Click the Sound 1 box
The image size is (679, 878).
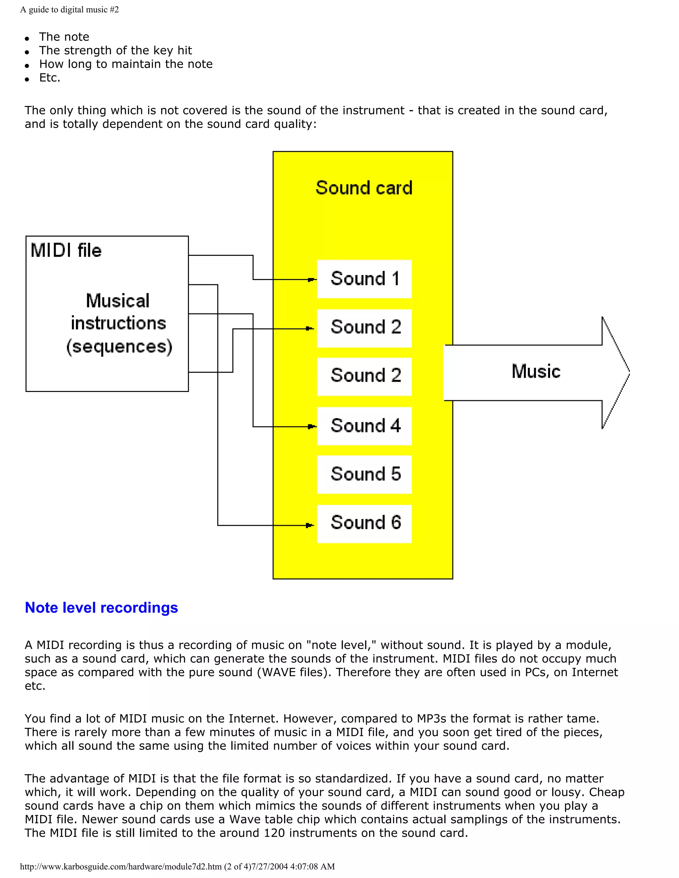[364, 279]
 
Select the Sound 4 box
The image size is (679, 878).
[364, 426]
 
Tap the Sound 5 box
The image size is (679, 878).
[364, 474]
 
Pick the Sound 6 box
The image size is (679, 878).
[364, 523]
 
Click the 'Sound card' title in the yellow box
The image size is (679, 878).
[364, 188]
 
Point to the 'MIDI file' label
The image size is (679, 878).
[66, 250]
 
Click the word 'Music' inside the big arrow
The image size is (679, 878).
[536, 371]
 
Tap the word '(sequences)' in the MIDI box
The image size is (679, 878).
[119, 347]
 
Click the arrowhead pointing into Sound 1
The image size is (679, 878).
[311, 279]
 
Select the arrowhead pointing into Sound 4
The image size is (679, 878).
[311, 426]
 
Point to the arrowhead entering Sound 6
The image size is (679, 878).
[309, 525]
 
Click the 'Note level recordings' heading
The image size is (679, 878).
[101, 607]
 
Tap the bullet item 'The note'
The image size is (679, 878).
[64, 37]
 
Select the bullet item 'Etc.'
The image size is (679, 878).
[49, 78]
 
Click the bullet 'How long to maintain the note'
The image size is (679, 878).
[126, 64]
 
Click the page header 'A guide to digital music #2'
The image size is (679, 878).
[69, 10]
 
